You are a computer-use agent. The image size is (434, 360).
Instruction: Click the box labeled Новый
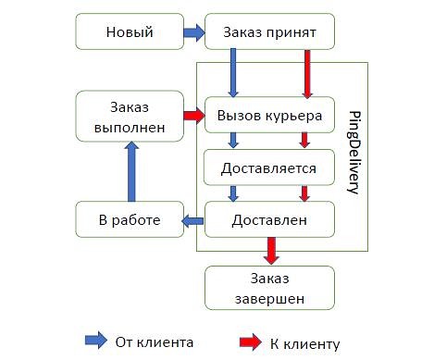pos(129,33)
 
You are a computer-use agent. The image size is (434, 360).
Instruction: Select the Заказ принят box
pos(269,33)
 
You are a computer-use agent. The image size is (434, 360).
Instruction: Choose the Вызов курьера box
pos(269,116)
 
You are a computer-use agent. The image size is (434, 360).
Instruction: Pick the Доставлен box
pos(269,219)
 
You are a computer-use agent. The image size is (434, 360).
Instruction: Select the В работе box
pos(129,219)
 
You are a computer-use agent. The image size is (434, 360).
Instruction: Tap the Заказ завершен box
pos(269,288)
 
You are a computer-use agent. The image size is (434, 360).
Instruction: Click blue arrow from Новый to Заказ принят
pos(193,33)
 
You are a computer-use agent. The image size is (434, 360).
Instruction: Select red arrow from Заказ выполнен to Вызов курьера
pos(193,116)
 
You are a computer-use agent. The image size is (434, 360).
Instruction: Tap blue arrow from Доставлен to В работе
pos(192,219)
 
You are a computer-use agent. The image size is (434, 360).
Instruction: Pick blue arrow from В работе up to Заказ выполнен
pos(130,172)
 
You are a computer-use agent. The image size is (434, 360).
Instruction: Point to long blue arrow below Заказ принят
pos(233,73)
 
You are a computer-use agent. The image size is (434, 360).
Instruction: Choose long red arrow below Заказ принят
pos(307,73)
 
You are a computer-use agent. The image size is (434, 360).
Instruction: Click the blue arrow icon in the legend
pos(95,341)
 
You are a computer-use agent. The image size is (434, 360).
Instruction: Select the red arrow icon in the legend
pos(250,342)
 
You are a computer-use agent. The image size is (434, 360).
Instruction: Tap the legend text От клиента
pos(155,342)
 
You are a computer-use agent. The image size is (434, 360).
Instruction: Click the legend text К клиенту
pos(305,343)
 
